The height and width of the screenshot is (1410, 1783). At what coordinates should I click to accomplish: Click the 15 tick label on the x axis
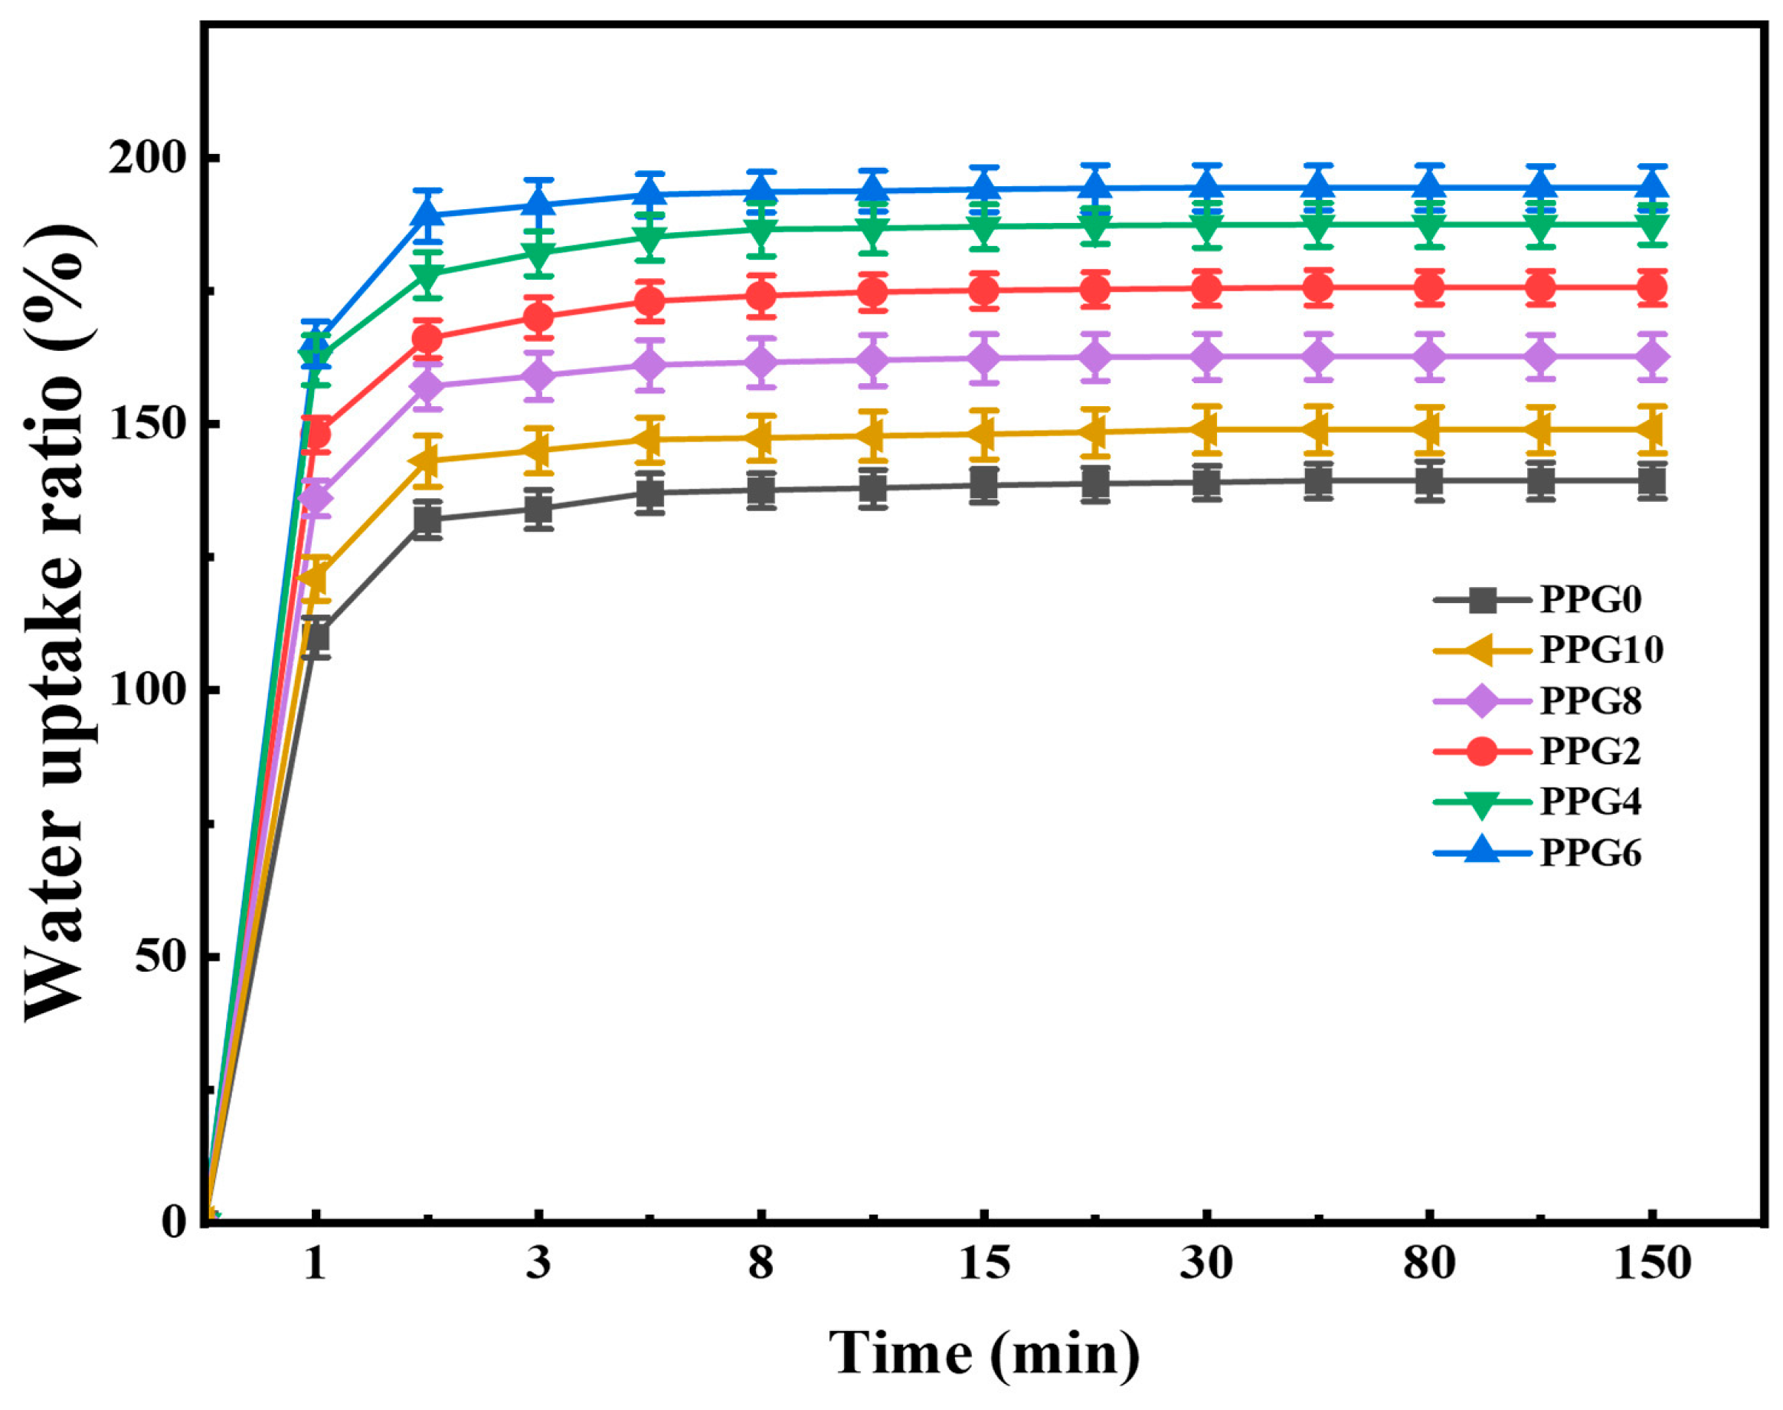983,1264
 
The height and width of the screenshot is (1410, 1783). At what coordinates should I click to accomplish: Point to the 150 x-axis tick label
1652,1264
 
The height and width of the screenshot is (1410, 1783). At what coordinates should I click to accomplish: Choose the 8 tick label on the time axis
761,1264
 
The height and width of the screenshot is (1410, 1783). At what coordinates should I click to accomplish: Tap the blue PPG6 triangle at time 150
1652,185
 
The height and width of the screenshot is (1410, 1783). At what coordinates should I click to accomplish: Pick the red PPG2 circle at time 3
538,317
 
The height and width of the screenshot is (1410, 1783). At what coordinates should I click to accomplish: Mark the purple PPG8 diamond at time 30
1207,357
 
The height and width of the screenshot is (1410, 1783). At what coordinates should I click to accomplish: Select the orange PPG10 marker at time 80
1429,429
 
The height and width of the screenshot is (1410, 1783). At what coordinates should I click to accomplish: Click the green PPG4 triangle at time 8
761,229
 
